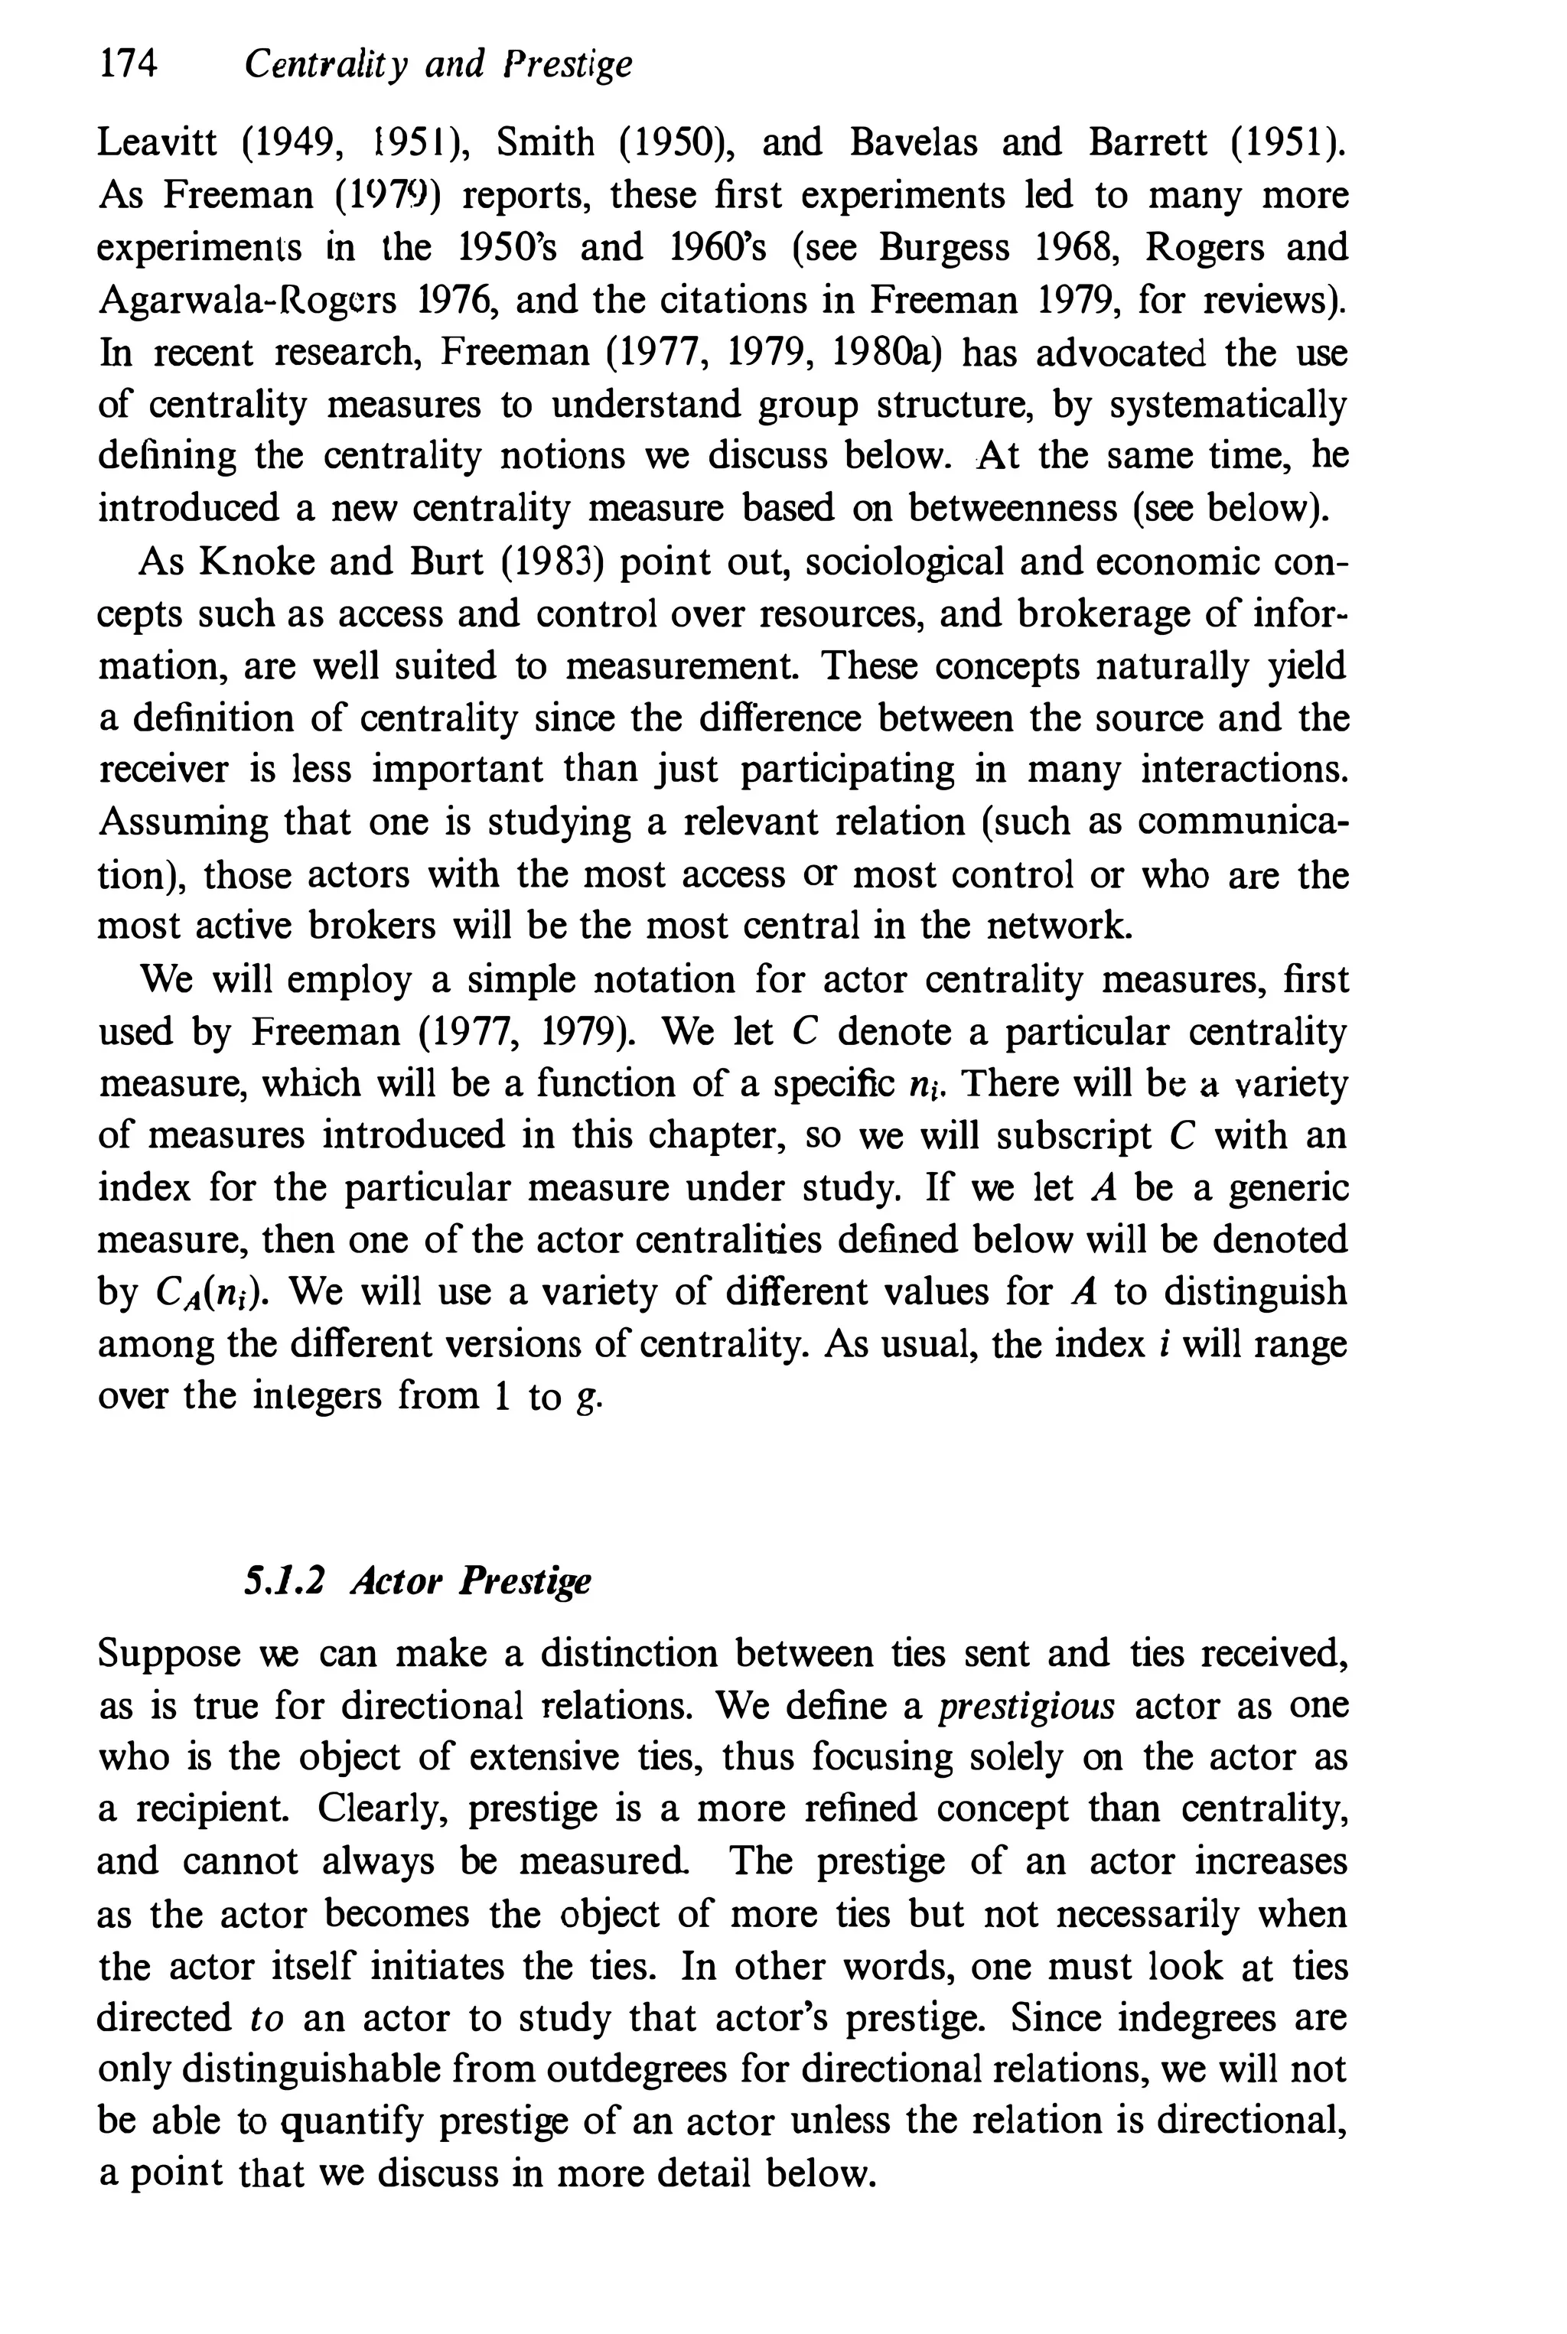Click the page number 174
point(128,65)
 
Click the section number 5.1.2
point(285,1580)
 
